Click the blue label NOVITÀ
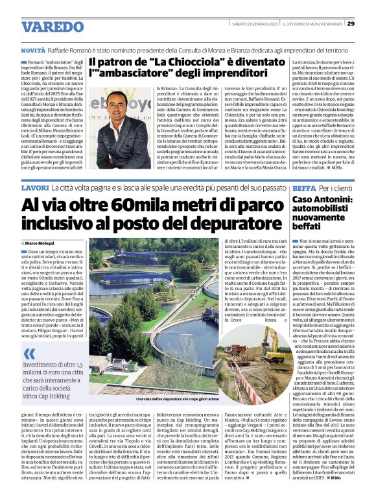(33, 50)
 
